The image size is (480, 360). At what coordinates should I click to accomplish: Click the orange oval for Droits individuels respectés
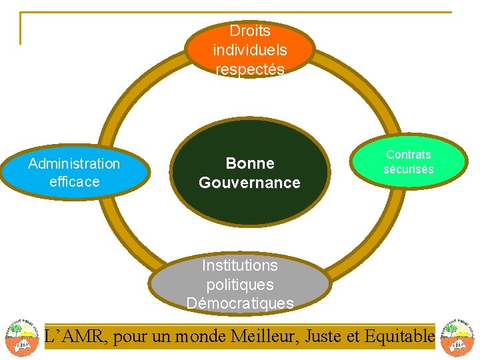point(250,49)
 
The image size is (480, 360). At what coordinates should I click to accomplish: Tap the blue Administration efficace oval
point(73,173)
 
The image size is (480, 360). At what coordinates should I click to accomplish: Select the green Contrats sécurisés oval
point(408,161)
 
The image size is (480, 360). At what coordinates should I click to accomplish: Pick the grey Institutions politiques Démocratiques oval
point(240,284)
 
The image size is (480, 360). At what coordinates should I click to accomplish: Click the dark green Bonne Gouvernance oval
point(250,173)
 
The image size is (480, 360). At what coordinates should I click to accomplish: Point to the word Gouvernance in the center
point(250,183)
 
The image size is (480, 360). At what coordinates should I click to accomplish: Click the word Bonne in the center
point(250,163)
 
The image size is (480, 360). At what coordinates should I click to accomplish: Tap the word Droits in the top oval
point(250,31)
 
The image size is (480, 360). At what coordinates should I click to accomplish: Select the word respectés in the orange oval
point(250,69)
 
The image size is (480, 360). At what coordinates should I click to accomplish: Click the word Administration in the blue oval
point(74,163)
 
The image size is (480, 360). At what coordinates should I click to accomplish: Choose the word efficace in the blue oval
point(74,181)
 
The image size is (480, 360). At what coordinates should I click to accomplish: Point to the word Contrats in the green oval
point(408,155)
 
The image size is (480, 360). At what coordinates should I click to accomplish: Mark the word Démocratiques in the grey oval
point(240,303)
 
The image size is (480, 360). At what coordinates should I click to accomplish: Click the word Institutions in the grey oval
point(240,265)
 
